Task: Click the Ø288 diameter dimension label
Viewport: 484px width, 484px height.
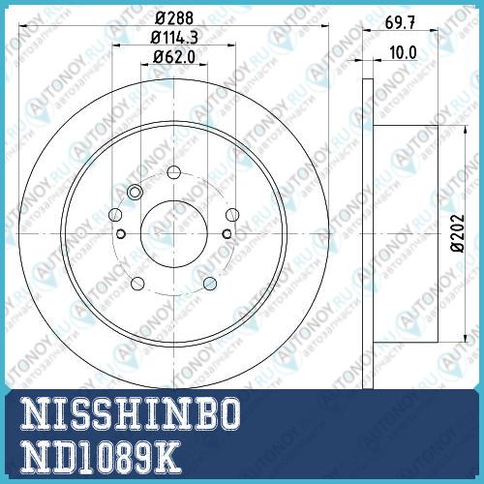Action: click(x=174, y=18)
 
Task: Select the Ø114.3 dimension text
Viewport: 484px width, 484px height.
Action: click(x=174, y=38)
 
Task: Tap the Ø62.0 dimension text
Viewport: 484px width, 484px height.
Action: click(x=174, y=57)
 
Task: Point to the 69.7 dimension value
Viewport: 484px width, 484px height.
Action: click(x=400, y=22)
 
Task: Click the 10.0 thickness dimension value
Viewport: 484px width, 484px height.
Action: click(x=403, y=52)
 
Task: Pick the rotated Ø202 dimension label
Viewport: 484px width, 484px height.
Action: click(x=458, y=233)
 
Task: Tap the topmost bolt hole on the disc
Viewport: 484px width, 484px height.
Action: click(x=174, y=172)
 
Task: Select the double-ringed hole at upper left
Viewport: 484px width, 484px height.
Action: click(x=135, y=193)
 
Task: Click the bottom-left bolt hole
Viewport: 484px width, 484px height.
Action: click(x=137, y=284)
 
